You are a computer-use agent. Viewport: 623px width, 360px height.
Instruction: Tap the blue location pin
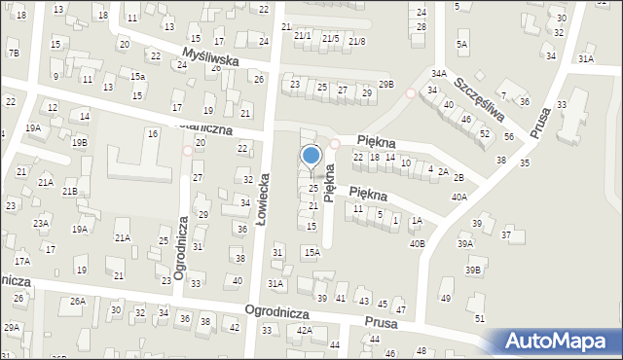311,157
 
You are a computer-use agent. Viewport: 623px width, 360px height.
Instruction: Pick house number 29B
386,85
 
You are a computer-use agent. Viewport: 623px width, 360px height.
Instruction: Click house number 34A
439,73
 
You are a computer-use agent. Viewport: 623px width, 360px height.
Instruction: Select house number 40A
458,197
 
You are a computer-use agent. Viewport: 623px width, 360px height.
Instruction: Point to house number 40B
417,243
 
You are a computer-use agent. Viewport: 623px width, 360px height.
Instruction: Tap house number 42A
304,331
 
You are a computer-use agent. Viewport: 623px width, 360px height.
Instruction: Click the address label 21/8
356,40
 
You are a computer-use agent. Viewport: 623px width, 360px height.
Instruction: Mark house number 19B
79,142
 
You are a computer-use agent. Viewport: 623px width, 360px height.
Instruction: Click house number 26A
77,302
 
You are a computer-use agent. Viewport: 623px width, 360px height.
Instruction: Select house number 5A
462,44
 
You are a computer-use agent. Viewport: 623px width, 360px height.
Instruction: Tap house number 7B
14,53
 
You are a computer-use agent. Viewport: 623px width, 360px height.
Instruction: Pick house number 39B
473,270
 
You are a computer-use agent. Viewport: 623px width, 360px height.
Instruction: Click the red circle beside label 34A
411,93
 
